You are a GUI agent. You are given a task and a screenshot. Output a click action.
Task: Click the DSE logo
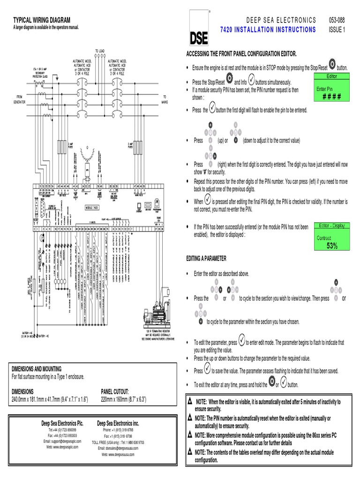(200, 35)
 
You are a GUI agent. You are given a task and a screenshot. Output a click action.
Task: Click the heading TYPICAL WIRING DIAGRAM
(42, 20)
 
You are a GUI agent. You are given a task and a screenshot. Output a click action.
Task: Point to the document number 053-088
(337, 20)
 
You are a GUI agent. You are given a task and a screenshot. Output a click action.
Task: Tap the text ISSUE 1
(337, 30)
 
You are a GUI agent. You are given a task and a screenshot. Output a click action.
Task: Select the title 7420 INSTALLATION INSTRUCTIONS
(268, 30)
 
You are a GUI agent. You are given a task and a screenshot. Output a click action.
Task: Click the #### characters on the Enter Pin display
(331, 97)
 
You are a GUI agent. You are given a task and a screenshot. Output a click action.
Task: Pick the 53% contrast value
(332, 246)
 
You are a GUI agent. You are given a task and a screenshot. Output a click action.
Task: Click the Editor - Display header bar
(332, 225)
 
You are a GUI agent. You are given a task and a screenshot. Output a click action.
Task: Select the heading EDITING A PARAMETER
(206, 259)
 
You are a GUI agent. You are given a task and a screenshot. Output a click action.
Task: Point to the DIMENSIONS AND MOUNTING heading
(37, 369)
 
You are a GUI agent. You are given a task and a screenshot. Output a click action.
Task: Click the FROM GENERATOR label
(19, 99)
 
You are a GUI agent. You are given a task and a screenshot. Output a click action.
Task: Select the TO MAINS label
(165, 99)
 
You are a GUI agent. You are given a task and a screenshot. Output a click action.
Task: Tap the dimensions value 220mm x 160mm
(124, 399)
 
